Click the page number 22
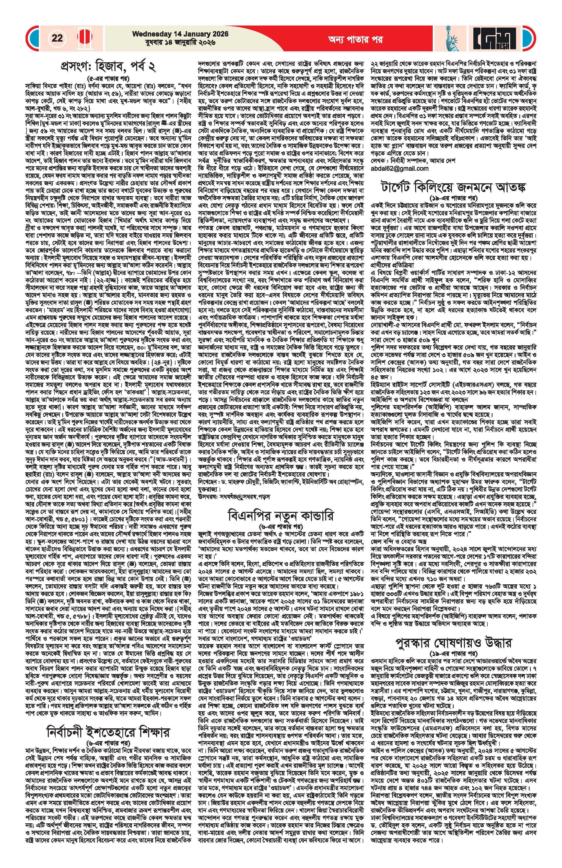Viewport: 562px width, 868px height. (x=57, y=38)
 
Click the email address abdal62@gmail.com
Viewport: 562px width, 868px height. (x=400, y=168)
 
